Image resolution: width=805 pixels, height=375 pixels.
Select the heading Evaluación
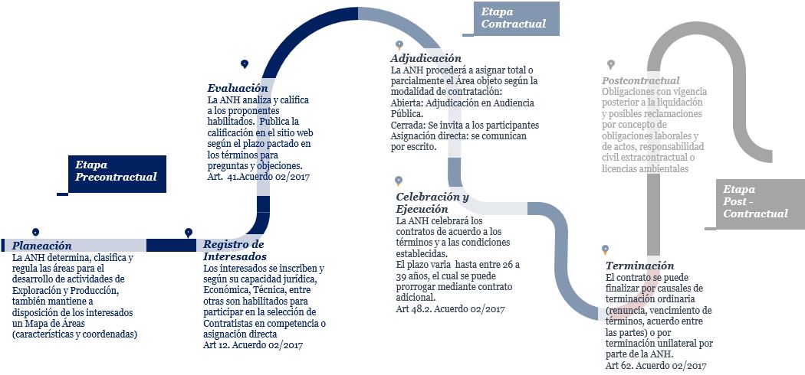(x=238, y=88)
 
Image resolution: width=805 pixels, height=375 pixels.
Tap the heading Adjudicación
(x=426, y=58)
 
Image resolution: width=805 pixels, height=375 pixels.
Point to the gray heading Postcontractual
(x=641, y=80)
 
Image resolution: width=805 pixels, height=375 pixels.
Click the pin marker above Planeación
(x=35, y=232)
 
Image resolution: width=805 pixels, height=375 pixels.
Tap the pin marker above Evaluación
(x=244, y=64)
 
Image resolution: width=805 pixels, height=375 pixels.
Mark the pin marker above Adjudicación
(x=399, y=45)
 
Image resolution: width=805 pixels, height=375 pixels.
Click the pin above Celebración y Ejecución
(x=398, y=181)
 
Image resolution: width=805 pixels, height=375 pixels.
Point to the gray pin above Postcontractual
(x=610, y=64)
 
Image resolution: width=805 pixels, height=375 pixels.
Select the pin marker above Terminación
(x=605, y=249)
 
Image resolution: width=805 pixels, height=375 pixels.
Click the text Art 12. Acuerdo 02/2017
(x=253, y=345)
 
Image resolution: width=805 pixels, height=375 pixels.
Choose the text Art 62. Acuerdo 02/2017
(x=655, y=366)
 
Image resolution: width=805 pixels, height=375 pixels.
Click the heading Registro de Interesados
(x=234, y=250)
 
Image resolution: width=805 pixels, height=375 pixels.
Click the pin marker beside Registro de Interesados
(x=189, y=232)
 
